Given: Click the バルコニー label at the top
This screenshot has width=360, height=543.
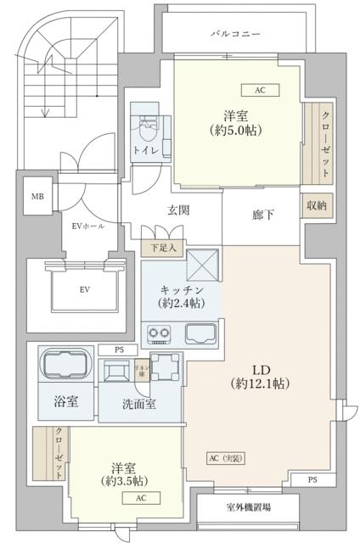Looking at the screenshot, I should tap(235, 34).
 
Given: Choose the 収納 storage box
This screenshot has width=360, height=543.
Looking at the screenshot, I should tap(317, 205).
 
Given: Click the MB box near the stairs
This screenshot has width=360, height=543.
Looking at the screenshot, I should tap(37, 197).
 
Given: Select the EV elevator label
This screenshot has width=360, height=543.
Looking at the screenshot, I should tap(85, 290).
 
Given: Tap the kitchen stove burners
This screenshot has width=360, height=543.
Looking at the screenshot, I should tap(159, 332).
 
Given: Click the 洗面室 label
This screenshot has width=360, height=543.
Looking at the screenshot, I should tap(139, 405).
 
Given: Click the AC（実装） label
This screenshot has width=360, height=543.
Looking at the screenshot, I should tap(225, 458).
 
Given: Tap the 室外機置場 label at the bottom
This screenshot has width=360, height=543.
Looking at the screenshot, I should tap(249, 507).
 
